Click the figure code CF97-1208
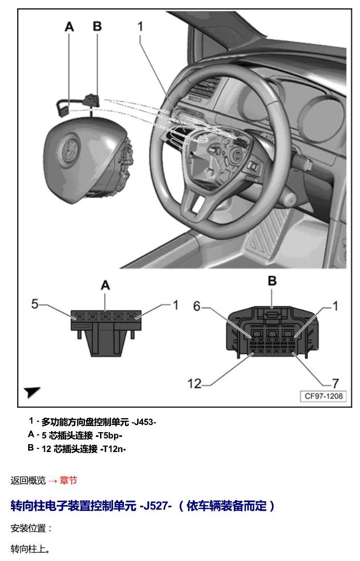(x=324, y=396)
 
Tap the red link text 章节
(x=68, y=480)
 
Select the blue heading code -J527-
(x=155, y=506)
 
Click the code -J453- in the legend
(x=144, y=422)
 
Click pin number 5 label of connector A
(x=35, y=304)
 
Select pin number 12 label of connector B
(x=194, y=384)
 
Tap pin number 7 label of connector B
(x=335, y=384)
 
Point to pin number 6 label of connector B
(x=197, y=306)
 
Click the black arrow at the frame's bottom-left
(x=32, y=392)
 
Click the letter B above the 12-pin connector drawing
(x=272, y=281)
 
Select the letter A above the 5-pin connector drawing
(x=105, y=285)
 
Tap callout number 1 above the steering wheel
(x=141, y=26)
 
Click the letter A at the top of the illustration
(x=69, y=27)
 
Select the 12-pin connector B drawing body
(x=272, y=332)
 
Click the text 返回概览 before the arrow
(x=28, y=480)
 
